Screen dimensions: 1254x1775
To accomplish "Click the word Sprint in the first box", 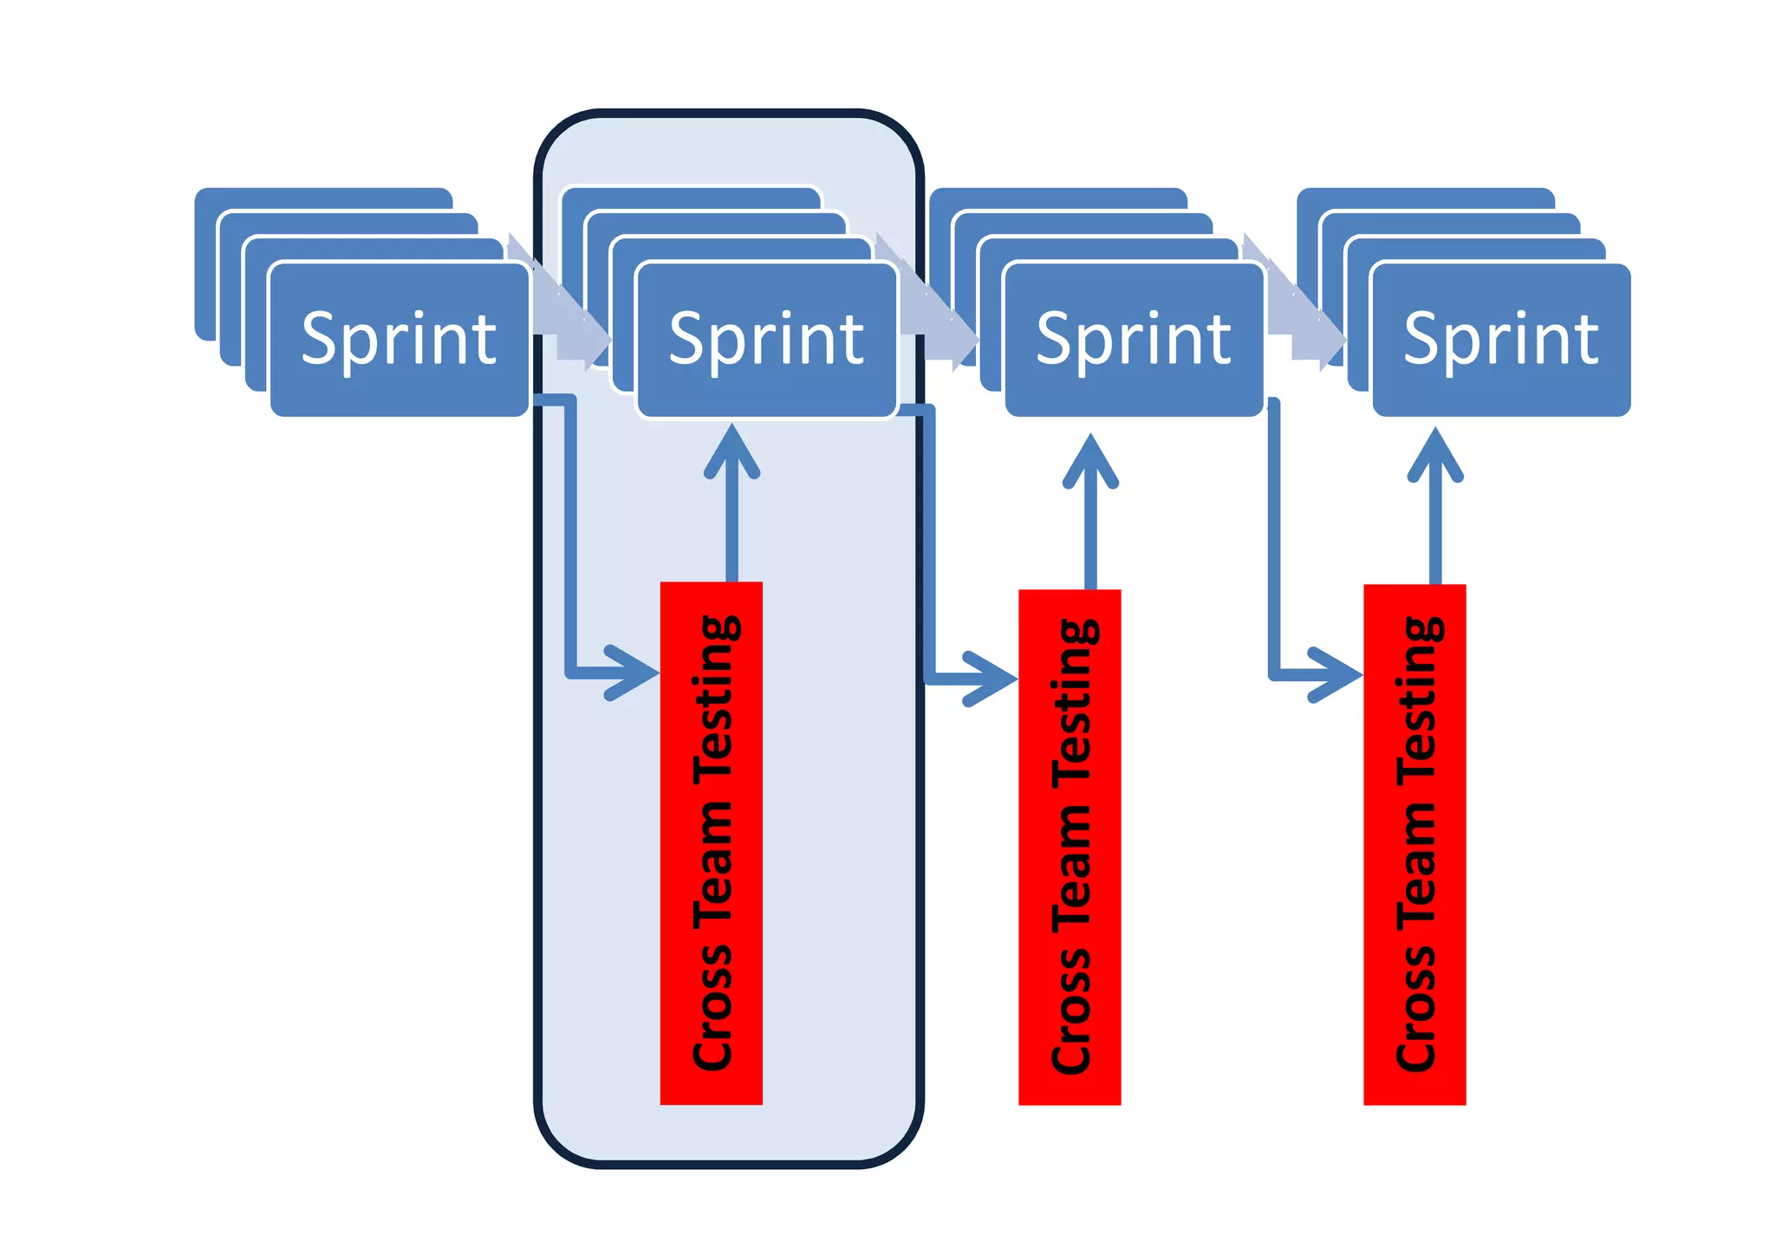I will click(x=399, y=339).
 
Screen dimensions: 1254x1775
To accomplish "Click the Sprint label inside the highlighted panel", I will click(x=766, y=339).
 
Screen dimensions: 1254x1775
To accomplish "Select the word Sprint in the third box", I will click(x=1134, y=339).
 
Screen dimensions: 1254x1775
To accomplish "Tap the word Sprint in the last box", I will click(x=1501, y=339).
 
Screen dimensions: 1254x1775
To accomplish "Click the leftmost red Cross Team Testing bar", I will click(x=711, y=842).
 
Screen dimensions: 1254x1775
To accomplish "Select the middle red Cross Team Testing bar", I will click(x=1070, y=847).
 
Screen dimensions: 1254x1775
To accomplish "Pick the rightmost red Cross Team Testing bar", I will click(x=1414, y=844).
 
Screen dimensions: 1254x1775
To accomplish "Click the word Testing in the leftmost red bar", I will click(x=716, y=698).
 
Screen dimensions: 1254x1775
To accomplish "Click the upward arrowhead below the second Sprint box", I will click(x=732, y=451).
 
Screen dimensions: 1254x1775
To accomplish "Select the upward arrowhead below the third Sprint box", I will click(x=1090, y=461).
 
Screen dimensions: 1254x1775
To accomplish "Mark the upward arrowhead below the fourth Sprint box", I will click(x=1435, y=454).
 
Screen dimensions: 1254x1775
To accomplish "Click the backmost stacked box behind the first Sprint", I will click(x=321, y=198).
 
